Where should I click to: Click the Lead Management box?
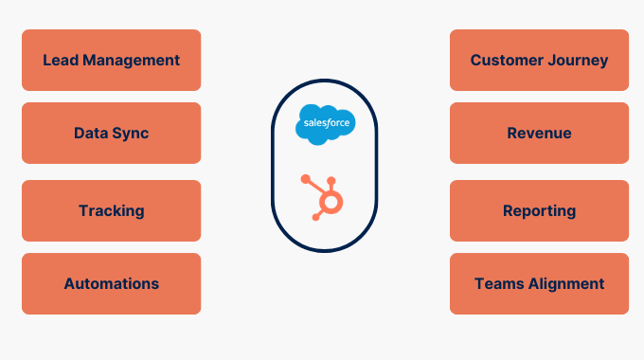tap(111, 60)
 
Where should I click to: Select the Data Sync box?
tap(111, 133)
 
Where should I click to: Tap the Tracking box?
tap(111, 210)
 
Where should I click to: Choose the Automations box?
tap(111, 283)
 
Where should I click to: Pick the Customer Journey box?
tap(539, 60)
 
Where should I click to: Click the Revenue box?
tap(539, 133)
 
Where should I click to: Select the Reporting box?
tap(539, 210)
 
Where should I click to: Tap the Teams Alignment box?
tap(539, 283)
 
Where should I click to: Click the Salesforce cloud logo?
tap(325, 125)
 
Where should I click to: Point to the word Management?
tap(129, 60)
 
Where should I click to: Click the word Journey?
tap(578, 61)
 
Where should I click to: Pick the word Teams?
tap(496, 283)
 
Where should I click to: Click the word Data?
tap(91, 133)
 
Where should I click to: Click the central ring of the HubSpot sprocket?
tap(330, 202)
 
